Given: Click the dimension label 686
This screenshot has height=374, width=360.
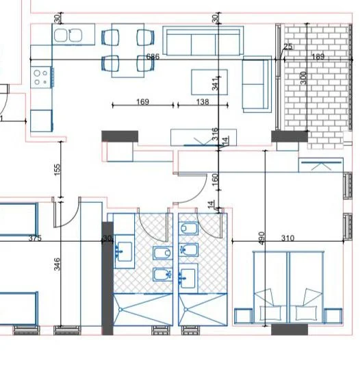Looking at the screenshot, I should pos(152,57).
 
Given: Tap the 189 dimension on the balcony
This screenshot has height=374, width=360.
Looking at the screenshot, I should pos(318,57).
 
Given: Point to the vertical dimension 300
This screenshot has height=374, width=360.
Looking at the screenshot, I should pos(304,77).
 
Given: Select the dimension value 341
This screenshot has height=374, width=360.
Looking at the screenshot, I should pos(215,84).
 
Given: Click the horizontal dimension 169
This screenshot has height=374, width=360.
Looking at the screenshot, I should pos(143,102).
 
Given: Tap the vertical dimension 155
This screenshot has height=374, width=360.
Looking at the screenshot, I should pos(58,168).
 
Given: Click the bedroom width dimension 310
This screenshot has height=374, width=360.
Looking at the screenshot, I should pos(287,238).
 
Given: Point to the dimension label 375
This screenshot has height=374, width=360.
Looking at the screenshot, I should pos(35,238).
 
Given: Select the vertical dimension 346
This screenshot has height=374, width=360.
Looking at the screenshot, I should pos(57,264).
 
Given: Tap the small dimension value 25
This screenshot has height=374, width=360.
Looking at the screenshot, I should pos(287,47).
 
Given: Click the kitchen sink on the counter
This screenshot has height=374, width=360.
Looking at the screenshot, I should pos(67,35).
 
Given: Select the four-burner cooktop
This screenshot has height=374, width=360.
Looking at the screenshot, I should pos(40,75).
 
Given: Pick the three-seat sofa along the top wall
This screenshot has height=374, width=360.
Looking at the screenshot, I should pos(203,42).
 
